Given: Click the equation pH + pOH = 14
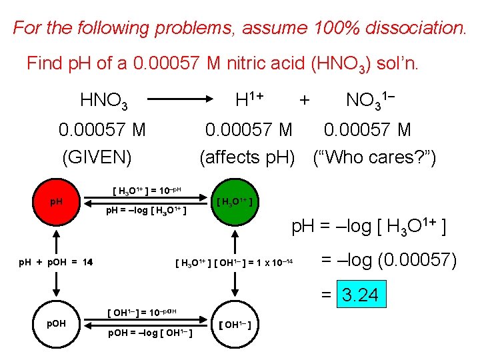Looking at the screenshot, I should tap(56, 261).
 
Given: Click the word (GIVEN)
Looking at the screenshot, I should tap(97, 157).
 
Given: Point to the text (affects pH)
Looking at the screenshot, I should tap(247, 157).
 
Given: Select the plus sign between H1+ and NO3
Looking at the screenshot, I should tap(304, 101).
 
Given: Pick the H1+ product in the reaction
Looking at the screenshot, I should tap(250, 100).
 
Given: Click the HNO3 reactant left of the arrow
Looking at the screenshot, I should tap(104, 101).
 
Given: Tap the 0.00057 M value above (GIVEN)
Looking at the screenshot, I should tap(102, 129).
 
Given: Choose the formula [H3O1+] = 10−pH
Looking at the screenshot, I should tap(153, 191).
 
